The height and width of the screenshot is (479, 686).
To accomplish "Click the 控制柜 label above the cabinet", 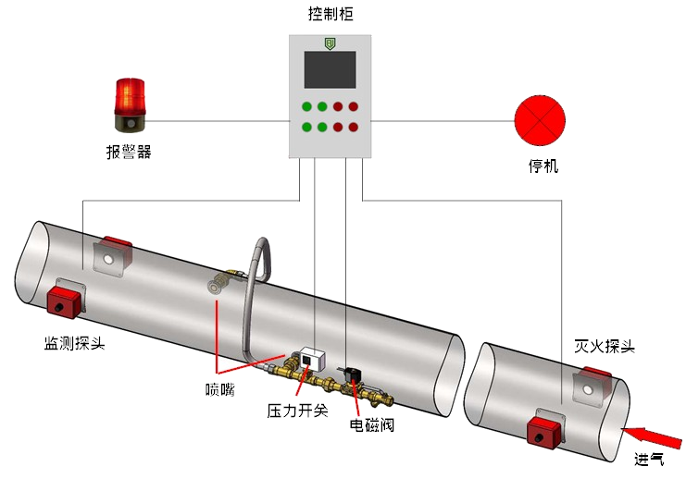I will tap(331, 13).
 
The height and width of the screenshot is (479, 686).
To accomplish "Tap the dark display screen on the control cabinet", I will tap(330, 69).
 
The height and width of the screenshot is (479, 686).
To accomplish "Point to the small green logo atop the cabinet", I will tap(330, 43).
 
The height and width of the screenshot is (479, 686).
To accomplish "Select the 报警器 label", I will tap(128, 152).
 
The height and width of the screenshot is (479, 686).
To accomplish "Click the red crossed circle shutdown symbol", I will tap(539, 121).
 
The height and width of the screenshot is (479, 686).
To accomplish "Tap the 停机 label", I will tap(543, 168).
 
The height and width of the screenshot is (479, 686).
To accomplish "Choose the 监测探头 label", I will tap(75, 344).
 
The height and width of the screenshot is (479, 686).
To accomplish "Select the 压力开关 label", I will tap(297, 410).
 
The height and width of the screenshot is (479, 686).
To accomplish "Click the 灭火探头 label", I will tap(605, 346).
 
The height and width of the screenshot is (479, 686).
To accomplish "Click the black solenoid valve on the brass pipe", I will tap(354, 375).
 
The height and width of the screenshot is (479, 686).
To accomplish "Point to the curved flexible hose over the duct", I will tap(256, 287).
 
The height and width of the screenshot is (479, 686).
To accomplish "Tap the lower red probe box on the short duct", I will tap(546, 431).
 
